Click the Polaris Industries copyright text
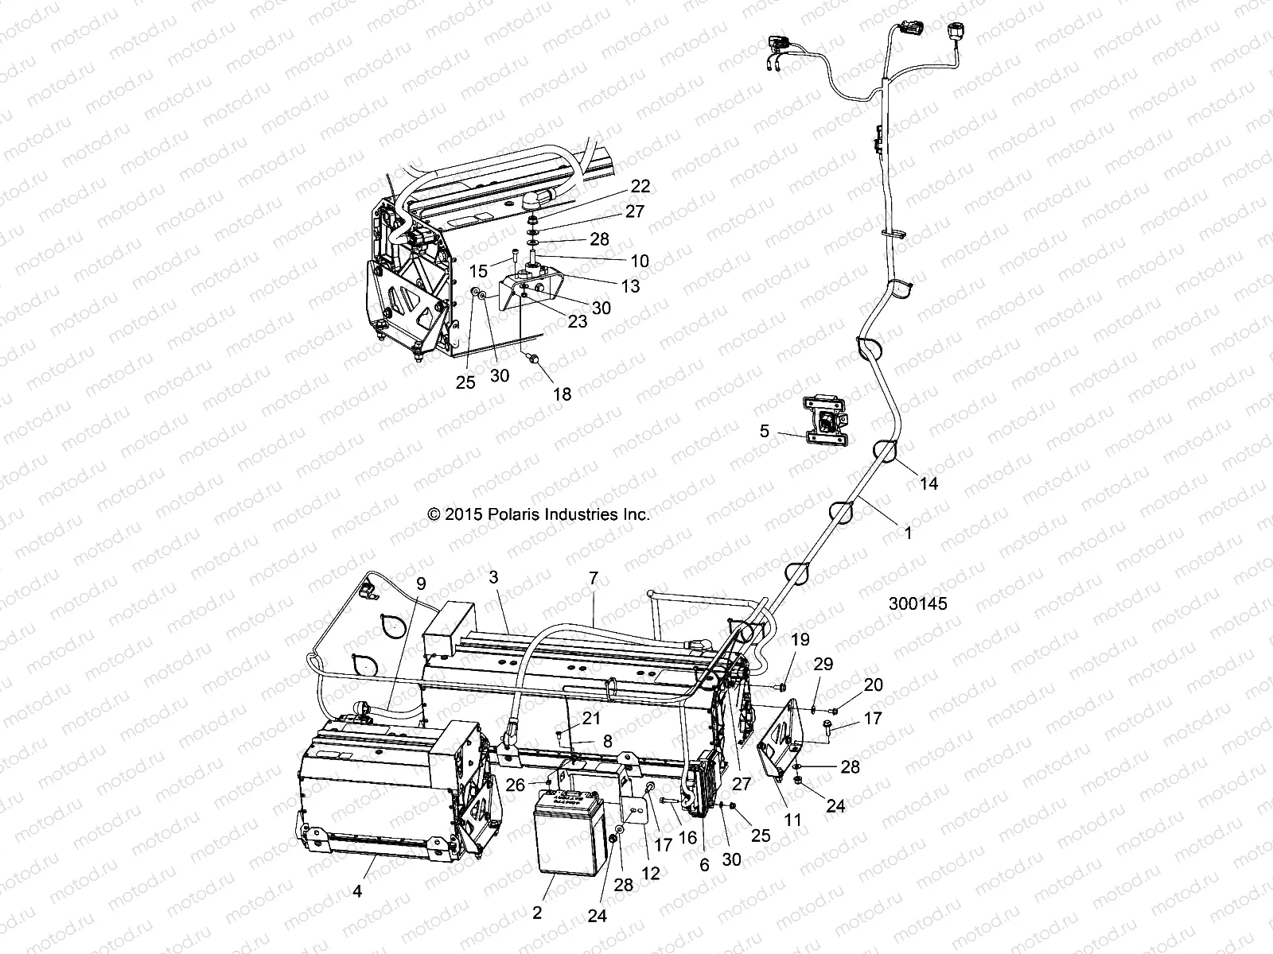[539, 514]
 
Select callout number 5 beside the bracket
[765, 431]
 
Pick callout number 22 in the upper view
[640, 187]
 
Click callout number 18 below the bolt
[563, 394]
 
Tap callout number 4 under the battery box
[357, 892]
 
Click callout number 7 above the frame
[594, 578]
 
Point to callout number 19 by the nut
[800, 640]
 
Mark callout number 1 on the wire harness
[907, 533]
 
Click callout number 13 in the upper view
[630, 286]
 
